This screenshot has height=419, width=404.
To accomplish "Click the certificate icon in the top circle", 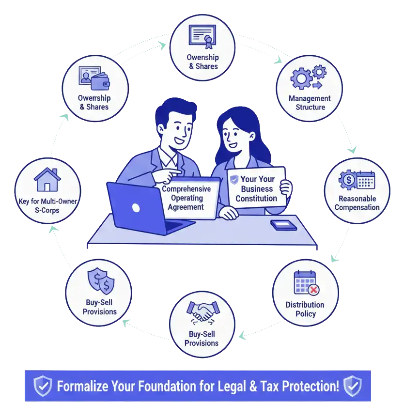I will click(202, 36).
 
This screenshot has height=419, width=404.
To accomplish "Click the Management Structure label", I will click(310, 103).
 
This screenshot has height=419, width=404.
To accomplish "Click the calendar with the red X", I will click(306, 283).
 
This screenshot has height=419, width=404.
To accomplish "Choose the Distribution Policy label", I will click(305, 309).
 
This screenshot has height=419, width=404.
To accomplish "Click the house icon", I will click(47, 180).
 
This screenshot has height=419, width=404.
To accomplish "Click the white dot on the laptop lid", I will click(136, 208).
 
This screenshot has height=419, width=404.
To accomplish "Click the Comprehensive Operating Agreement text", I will click(186, 198).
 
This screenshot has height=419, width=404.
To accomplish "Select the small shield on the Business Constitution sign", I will click(234, 179).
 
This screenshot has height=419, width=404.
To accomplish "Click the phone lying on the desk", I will click(284, 225).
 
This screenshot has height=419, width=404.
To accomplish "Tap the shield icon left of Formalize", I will click(42, 386).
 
